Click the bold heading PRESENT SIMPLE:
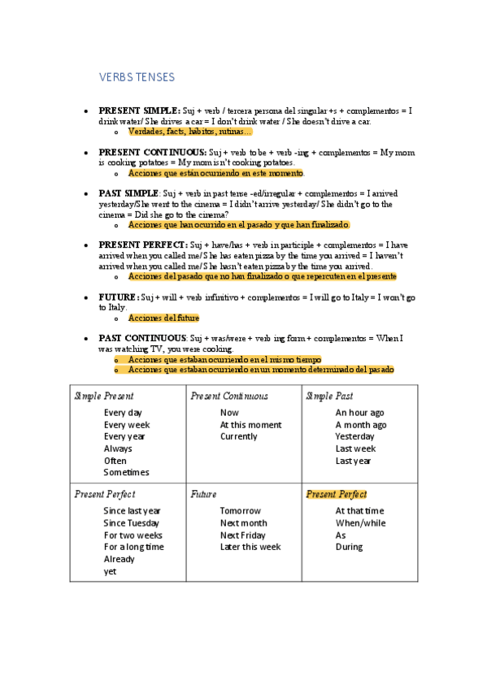click(140, 110)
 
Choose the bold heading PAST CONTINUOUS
click(143, 337)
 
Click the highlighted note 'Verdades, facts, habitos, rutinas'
click(190, 132)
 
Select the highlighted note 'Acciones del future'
click(163, 318)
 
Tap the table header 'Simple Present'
click(104, 396)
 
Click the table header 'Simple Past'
click(329, 396)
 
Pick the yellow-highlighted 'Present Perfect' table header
click(336, 494)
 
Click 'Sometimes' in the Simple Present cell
click(127, 472)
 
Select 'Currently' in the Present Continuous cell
click(238, 436)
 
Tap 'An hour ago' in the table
click(360, 413)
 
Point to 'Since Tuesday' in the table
click(132, 523)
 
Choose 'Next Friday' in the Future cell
click(242, 535)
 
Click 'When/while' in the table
click(360, 523)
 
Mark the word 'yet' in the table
click(111, 571)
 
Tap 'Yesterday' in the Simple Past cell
click(355, 436)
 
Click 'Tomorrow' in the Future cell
click(240, 511)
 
